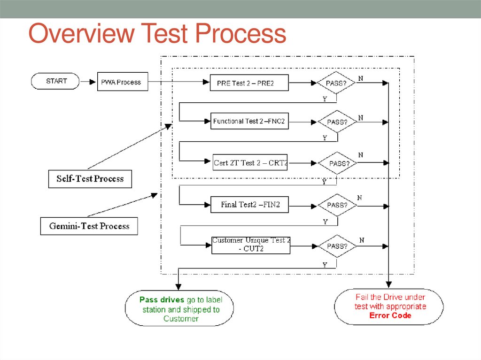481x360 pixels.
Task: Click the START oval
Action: tap(55, 81)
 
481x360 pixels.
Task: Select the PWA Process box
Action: tap(122, 82)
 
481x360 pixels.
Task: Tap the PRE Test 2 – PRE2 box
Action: tap(249, 83)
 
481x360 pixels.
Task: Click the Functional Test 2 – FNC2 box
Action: tap(249, 121)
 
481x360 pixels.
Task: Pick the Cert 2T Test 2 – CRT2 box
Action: tap(250, 163)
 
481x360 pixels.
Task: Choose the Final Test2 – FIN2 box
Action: tap(250, 205)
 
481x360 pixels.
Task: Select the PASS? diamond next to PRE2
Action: tap(336, 83)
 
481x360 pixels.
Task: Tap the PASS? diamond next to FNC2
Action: tap(337, 122)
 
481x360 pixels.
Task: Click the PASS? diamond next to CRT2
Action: tap(337, 163)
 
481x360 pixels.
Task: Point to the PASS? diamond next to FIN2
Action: tap(337, 205)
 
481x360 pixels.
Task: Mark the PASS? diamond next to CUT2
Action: tap(337, 245)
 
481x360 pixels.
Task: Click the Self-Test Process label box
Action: tap(90, 179)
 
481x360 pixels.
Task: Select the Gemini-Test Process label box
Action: tap(89, 226)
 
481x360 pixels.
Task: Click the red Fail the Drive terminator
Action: tap(389, 306)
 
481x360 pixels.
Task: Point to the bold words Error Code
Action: tap(390, 315)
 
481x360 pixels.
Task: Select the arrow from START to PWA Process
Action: tap(88, 82)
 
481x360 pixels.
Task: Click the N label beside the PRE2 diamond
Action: tap(360, 78)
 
